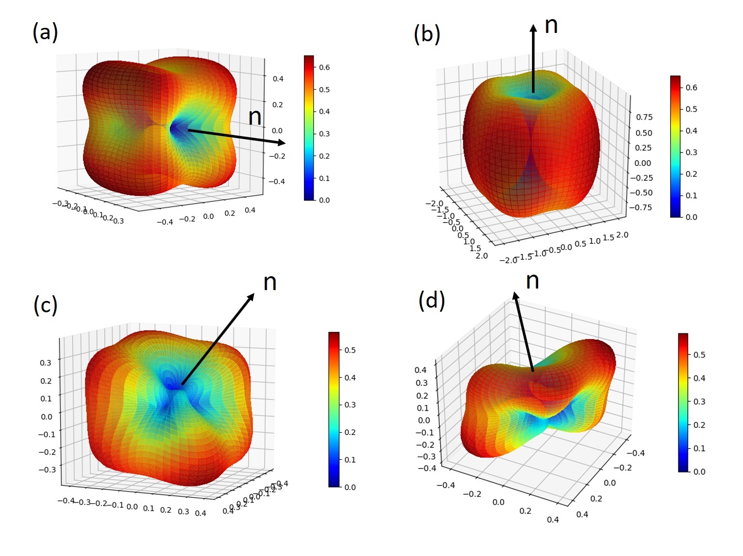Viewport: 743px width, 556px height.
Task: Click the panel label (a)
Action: point(45,32)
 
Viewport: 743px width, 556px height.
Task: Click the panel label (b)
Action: point(427,34)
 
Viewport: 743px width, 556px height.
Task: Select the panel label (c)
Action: point(45,305)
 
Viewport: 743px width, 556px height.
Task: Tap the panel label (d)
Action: point(431,300)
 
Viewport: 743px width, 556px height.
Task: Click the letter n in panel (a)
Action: point(255,116)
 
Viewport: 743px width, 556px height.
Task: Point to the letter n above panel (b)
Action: point(551,25)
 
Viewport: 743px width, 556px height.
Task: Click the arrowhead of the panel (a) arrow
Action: point(281,142)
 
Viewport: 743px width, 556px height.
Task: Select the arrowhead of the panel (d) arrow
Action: point(515,295)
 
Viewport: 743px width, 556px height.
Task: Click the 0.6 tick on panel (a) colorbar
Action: point(324,67)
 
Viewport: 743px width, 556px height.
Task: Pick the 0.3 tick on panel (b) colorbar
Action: point(691,152)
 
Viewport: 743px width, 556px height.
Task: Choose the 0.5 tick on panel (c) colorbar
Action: point(350,350)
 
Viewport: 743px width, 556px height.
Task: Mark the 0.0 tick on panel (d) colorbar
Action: point(699,471)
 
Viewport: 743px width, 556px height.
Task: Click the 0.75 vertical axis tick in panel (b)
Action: point(644,117)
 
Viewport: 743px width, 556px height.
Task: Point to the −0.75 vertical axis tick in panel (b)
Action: point(640,207)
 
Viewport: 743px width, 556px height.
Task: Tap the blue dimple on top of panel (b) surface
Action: point(533,94)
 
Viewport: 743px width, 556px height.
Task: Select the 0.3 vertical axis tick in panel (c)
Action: point(45,363)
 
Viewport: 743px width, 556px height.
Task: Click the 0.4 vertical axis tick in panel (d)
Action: point(421,370)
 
